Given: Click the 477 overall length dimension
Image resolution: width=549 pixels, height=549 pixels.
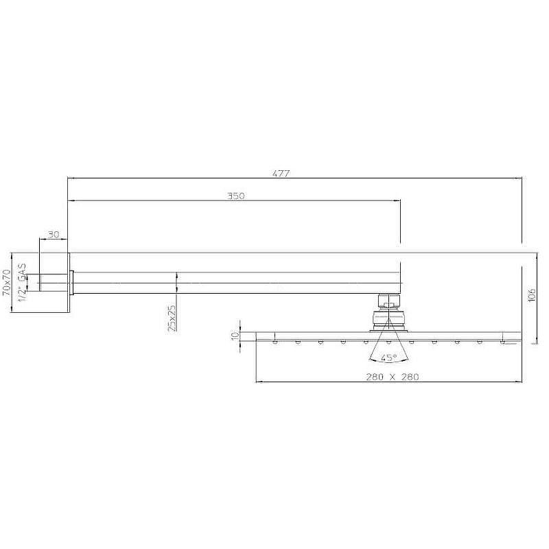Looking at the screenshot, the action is point(281,174).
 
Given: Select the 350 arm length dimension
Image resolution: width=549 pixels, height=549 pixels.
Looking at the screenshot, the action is point(235,196).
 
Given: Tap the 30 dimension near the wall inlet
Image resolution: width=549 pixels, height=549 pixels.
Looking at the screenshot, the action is point(54,235).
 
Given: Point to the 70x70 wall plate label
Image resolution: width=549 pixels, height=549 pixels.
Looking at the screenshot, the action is point(7,283).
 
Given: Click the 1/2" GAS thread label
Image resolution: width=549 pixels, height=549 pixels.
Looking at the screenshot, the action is point(22,282).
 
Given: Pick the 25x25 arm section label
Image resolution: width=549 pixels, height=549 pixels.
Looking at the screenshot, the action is point(172,318).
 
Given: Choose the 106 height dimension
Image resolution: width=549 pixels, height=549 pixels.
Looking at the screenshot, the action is point(531,295).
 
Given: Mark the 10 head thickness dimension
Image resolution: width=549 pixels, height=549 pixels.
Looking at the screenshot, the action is point(235,336).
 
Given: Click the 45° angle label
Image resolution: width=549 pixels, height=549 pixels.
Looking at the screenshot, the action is point(389,358).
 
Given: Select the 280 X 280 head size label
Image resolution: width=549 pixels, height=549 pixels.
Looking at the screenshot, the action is point(393,377).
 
